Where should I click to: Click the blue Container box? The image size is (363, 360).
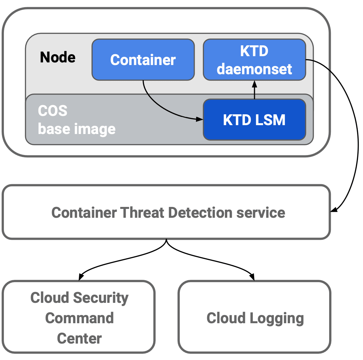pyautogui.click(x=143, y=60)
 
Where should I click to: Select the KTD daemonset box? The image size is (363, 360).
pyautogui.click(x=254, y=60)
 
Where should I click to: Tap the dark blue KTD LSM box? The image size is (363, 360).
pyautogui.click(x=254, y=120)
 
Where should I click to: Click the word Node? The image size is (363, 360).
pyautogui.click(x=58, y=57)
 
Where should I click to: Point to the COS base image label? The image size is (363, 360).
pyautogui.click(x=76, y=120)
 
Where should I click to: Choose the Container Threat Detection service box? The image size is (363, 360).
pyautogui.click(x=166, y=212)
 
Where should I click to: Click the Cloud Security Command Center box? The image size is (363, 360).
pyautogui.click(x=79, y=317)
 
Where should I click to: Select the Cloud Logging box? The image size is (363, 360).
pyautogui.click(x=254, y=317)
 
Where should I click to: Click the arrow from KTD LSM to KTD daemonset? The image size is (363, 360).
pyautogui.click(x=254, y=90)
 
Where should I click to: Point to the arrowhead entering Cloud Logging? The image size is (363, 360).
pyautogui.click(x=252, y=277)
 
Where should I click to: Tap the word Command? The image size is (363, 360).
pyautogui.click(x=79, y=318)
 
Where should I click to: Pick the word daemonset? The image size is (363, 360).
pyautogui.click(x=254, y=69)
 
